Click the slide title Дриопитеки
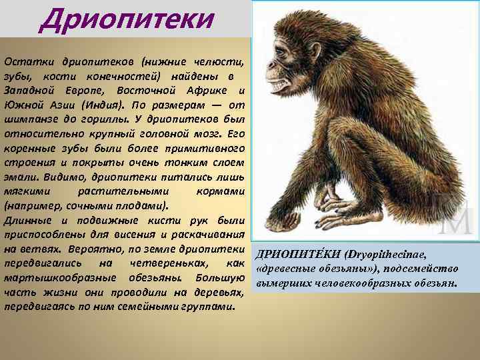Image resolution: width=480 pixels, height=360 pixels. coord(127,19)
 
